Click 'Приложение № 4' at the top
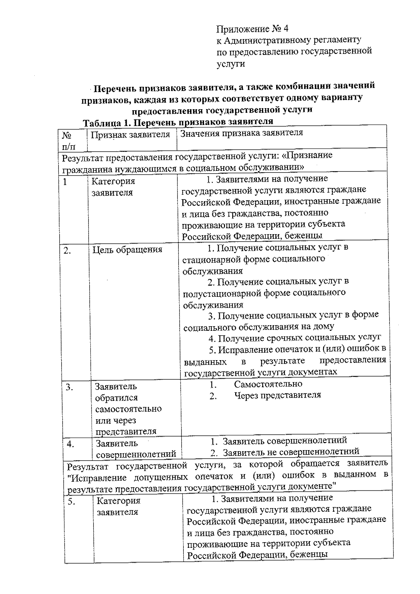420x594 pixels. [x=252, y=29]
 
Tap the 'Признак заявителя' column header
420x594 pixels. [x=130, y=135]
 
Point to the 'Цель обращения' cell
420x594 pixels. [x=127, y=250]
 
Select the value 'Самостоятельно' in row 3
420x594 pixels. [x=268, y=384]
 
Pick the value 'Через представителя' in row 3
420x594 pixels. [x=277, y=395]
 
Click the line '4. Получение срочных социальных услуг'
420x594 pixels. [x=294, y=338]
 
